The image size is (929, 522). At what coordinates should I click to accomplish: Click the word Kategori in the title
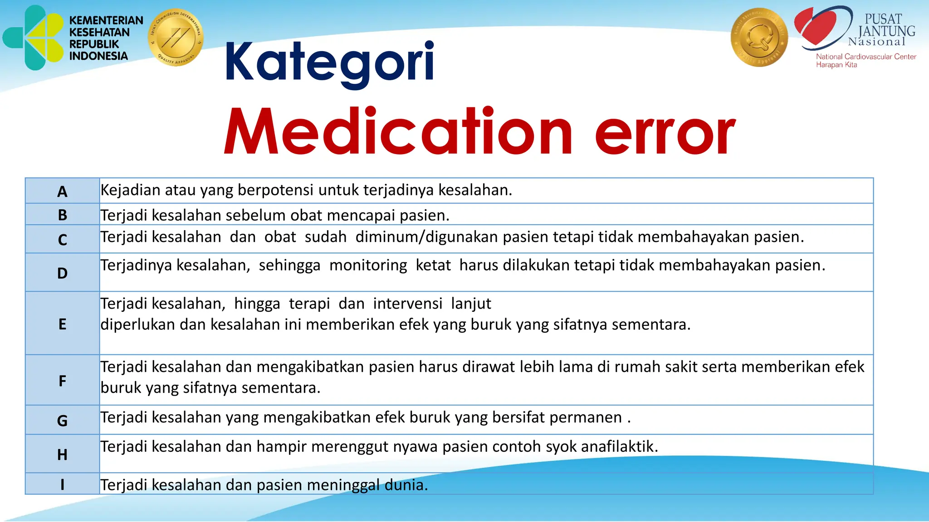(329, 63)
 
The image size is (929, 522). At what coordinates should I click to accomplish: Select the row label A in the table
(62, 192)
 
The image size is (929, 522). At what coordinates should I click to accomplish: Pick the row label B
(62, 215)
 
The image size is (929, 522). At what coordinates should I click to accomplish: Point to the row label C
(62, 240)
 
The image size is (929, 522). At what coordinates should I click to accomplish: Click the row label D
(62, 273)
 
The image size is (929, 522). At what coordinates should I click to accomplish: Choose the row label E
(62, 324)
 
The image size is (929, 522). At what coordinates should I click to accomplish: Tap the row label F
(62, 381)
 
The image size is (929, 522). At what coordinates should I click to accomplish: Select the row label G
(62, 420)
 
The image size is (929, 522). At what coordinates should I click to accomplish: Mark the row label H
(62, 454)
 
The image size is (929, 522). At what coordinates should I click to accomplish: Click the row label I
(62, 485)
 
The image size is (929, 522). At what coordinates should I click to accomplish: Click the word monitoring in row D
(368, 266)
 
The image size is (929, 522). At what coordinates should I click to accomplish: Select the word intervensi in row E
(407, 304)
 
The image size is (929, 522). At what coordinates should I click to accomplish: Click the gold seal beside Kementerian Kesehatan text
(176, 38)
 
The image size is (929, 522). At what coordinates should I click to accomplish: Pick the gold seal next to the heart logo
(759, 38)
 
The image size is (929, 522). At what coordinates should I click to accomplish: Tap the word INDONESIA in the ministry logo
(98, 56)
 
